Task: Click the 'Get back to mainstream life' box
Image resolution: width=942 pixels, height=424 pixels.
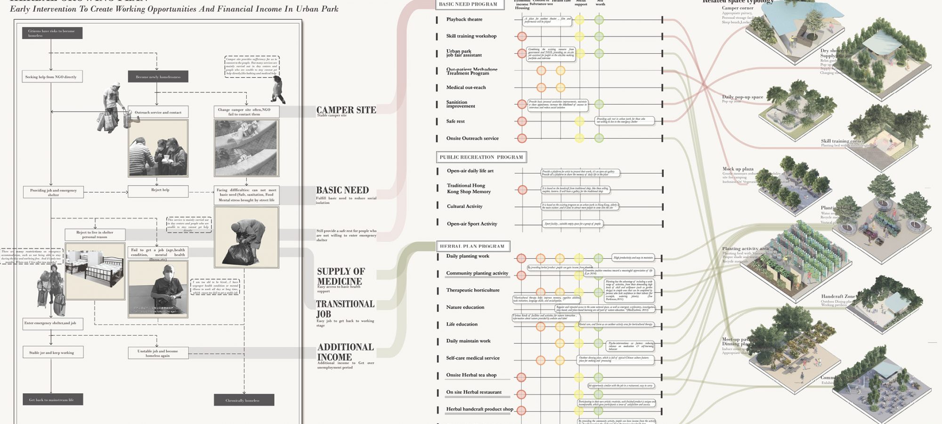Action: (x=53, y=400)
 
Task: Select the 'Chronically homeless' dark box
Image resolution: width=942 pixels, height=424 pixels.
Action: (x=244, y=400)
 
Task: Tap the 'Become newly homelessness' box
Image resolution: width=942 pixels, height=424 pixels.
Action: (x=158, y=77)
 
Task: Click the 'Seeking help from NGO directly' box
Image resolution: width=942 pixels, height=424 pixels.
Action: (x=52, y=77)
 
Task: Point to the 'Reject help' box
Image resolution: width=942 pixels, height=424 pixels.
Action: (x=158, y=191)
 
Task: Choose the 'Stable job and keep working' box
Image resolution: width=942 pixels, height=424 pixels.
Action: (x=53, y=352)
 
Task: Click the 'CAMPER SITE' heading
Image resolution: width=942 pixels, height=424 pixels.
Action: (x=346, y=110)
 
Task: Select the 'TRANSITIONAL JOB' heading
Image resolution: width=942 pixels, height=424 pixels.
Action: (x=345, y=309)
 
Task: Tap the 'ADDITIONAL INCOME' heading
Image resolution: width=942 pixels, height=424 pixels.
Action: (x=345, y=352)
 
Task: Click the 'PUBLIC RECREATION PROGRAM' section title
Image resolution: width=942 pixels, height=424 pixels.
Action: (x=481, y=157)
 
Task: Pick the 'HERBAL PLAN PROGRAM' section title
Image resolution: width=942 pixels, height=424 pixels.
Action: (x=472, y=246)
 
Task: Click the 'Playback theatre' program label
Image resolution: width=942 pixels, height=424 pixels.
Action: (x=464, y=19)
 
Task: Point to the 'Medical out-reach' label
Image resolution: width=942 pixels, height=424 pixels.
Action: (x=466, y=87)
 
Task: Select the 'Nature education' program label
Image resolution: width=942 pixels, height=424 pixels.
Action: (x=465, y=307)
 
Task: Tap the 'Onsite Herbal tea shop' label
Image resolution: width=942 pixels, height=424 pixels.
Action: (x=471, y=375)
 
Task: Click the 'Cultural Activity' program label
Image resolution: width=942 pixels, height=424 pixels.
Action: (x=465, y=206)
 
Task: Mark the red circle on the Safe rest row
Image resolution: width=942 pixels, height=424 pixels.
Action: (x=522, y=121)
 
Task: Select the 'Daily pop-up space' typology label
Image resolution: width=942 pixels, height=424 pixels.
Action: (x=742, y=97)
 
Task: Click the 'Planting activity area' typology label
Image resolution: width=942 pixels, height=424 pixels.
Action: (x=745, y=249)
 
